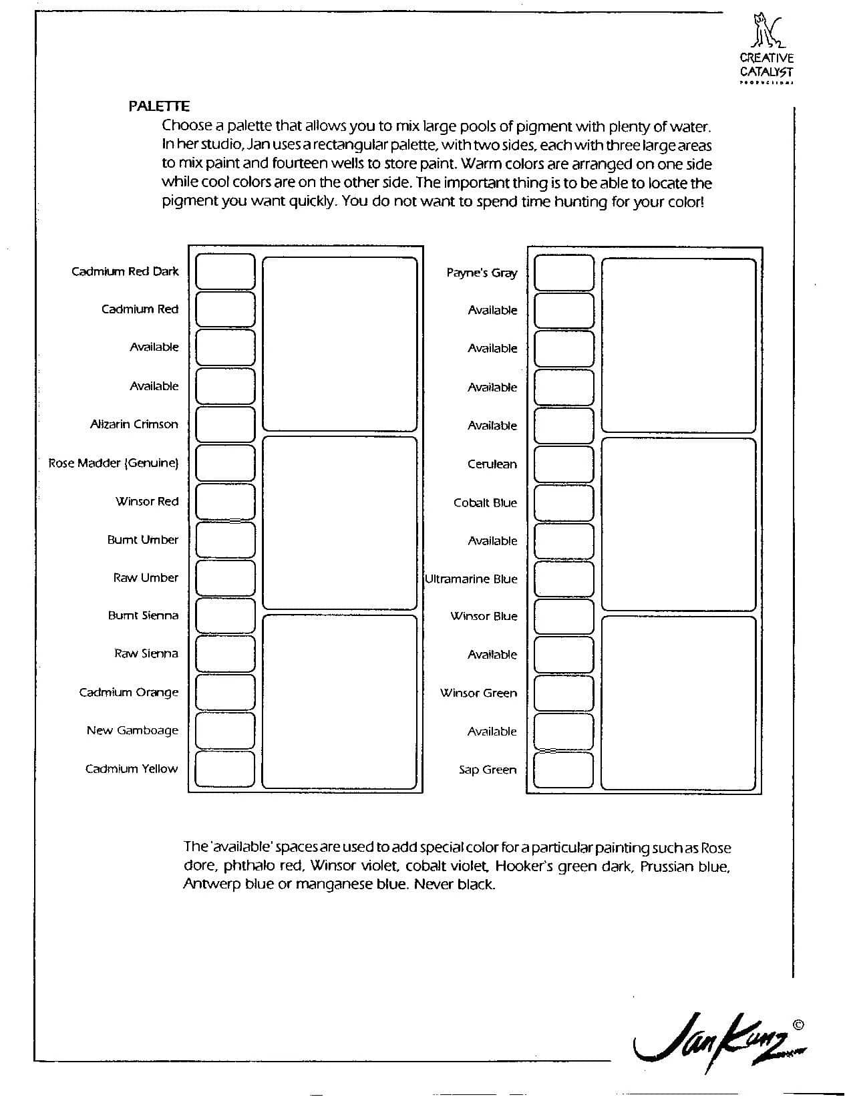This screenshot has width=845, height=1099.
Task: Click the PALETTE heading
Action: point(159,106)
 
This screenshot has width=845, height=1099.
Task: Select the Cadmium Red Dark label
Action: point(125,271)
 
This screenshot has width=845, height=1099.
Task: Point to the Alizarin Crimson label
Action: point(134,424)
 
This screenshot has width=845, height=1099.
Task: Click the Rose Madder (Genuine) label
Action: point(114,463)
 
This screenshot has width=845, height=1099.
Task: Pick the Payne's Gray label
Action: point(482,273)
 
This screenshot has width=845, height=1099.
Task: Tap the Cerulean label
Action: point(492,464)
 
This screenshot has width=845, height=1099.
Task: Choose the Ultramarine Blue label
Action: point(472,579)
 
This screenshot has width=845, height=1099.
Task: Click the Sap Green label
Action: point(488,770)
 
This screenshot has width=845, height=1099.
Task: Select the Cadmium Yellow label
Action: point(132,769)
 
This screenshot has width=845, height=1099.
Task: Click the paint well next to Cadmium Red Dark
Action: point(225,271)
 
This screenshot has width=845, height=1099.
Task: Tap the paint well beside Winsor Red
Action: point(225,501)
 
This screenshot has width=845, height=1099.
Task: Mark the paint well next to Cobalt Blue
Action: point(564,502)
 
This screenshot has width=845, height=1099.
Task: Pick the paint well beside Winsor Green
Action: point(564,693)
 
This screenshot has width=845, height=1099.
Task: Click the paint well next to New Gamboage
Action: point(225,730)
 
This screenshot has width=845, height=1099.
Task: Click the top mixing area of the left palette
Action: point(340,344)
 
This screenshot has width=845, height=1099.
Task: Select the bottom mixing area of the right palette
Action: point(679,703)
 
